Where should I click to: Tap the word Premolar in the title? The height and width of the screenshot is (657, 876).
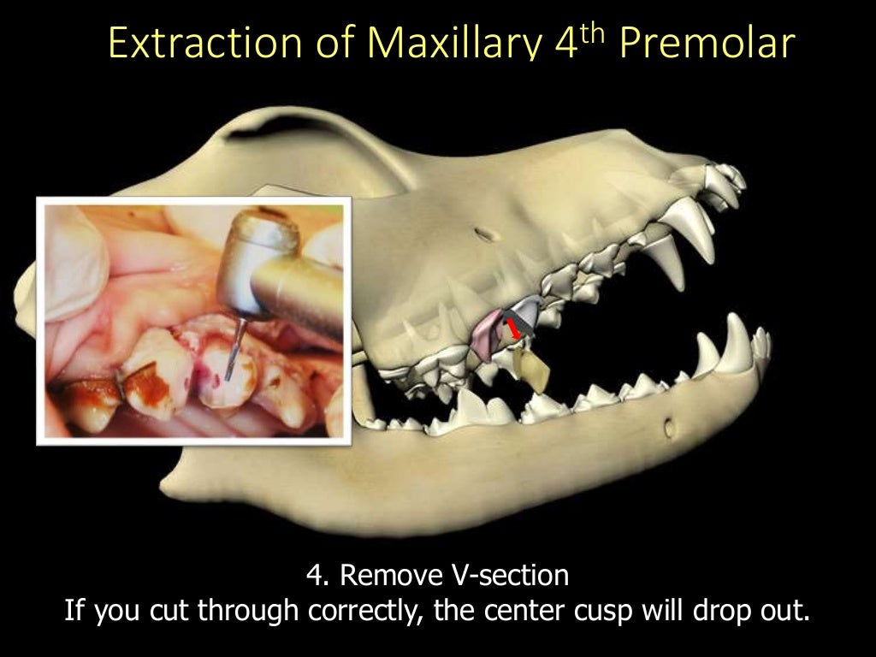(x=707, y=44)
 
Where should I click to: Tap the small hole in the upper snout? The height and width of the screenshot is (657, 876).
(x=485, y=233)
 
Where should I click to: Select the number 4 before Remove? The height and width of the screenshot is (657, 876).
(x=313, y=576)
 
